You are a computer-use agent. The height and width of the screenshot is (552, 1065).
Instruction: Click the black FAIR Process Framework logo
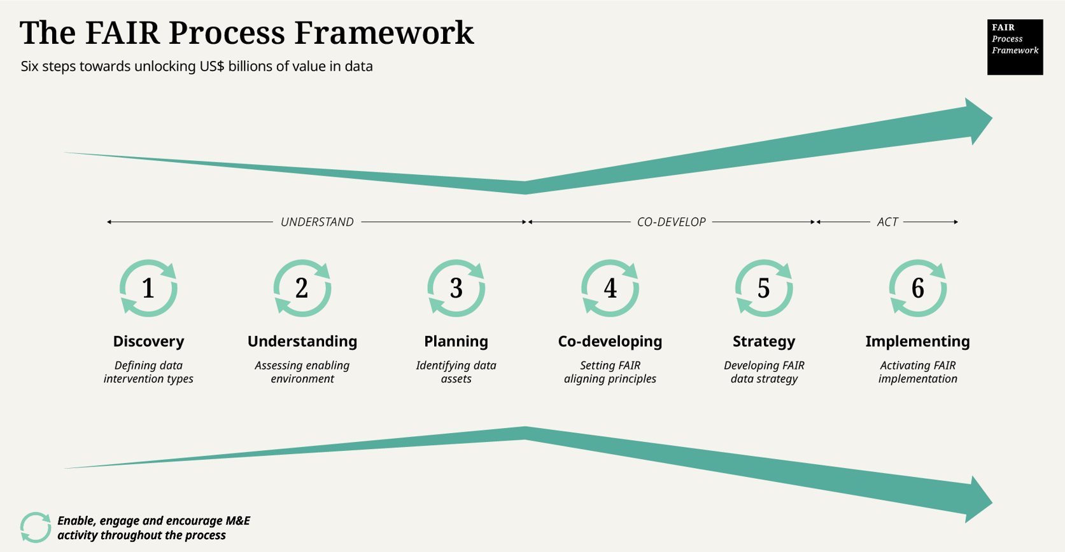tap(1015, 46)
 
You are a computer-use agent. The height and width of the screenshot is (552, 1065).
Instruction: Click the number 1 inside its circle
tap(148, 288)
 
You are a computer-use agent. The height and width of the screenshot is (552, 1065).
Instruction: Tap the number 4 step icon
tap(610, 288)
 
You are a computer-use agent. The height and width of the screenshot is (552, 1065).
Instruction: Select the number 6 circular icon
tap(917, 288)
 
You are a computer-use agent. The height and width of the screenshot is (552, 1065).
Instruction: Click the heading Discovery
tap(148, 342)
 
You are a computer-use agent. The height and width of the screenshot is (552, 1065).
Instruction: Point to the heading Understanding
tap(302, 342)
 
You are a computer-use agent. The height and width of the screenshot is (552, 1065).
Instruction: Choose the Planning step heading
tap(456, 342)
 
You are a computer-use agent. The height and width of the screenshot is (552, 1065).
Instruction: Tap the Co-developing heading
tap(610, 342)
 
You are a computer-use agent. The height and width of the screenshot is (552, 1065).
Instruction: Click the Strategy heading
tap(764, 342)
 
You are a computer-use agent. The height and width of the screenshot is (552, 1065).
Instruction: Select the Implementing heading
tap(917, 342)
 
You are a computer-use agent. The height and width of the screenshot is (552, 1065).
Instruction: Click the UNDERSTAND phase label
tap(317, 222)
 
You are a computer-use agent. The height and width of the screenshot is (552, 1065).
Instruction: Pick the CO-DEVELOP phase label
tap(671, 222)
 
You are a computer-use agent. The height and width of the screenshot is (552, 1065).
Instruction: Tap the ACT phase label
tap(887, 222)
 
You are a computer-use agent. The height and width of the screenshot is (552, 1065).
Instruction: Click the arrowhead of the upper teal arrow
tap(977, 121)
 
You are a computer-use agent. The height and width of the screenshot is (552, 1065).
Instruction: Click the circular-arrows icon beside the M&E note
tap(35, 527)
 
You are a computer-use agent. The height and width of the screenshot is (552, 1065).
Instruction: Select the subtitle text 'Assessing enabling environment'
tap(302, 372)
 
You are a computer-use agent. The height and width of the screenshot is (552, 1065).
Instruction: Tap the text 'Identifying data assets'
tap(456, 372)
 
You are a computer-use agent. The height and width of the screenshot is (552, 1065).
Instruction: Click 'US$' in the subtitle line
tap(212, 66)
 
